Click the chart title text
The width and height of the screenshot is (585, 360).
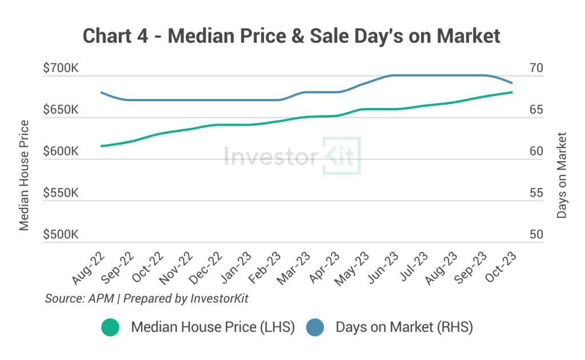tap(292, 35)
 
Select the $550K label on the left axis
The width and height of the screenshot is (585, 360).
tap(61, 193)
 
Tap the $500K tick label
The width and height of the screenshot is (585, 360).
tap(61, 235)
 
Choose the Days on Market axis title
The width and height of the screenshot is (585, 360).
tap(562, 175)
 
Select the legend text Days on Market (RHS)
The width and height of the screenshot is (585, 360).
tap(404, 327)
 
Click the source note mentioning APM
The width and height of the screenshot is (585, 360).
tap(146, 298)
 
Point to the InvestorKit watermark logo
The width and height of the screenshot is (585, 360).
tap(292, 155)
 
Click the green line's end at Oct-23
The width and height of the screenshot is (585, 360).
tap(511, 92)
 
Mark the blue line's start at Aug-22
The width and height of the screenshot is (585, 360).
tap(101, 92)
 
